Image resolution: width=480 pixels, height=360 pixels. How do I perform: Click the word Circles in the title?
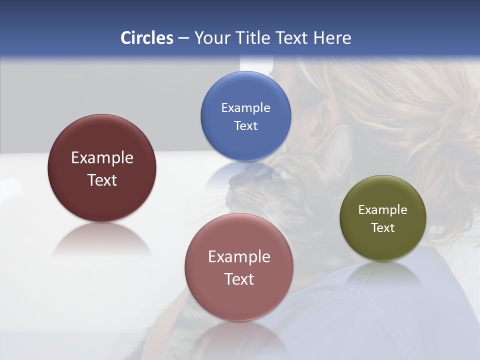[x=146, y=38]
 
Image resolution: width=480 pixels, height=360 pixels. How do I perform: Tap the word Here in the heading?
[x=332, y=38]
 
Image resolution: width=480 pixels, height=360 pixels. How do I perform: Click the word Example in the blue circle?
[x=245, y=107]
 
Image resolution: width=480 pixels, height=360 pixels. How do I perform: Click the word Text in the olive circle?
[x=383, y=227]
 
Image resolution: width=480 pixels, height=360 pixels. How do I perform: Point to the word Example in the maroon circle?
[x=102, y=158]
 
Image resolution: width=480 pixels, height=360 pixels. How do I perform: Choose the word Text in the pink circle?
[x=239, y=279]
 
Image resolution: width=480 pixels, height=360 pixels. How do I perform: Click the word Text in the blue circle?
[x=245, y=125]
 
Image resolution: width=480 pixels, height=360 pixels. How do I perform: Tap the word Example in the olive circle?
[x=383, y=209]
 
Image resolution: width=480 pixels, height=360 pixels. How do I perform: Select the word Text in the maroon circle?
[x=102, y=180]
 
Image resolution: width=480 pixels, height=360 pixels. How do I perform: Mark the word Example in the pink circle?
[x=239, y=257]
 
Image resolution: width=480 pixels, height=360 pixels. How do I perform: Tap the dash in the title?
[x=183, y=38]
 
